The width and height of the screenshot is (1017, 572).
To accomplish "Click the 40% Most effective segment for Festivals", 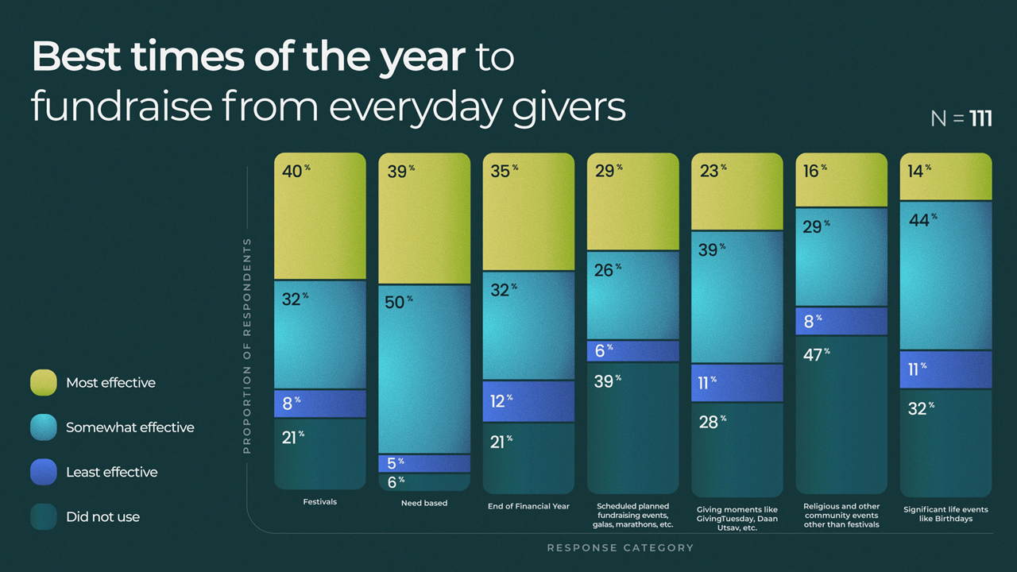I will click(x=319, y=216).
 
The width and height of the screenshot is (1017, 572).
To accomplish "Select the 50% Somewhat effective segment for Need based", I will click(x=424, y=369).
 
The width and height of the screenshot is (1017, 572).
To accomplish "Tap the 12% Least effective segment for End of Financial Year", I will click(x=528, y=401).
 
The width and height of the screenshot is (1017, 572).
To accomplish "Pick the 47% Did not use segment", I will click(x=841, y=413).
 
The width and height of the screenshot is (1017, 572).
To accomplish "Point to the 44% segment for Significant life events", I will click(x=945, y=275).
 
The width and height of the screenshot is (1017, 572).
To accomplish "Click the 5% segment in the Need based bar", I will click(x=424, y=463).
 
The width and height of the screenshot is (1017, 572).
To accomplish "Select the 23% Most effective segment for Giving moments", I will click(x=737, y=191).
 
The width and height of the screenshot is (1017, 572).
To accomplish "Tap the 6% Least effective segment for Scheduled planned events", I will click(x=633, y=350).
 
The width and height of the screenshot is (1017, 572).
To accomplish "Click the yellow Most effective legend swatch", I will click(x=44, y=382).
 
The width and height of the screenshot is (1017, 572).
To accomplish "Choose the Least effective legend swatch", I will click(x=44, y=472).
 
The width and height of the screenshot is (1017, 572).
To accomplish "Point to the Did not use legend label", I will click(x=102, y=517).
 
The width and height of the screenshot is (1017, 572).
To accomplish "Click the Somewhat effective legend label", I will click(x=130, y=427).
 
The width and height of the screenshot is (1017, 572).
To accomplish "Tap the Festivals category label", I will click(x=319, y=502).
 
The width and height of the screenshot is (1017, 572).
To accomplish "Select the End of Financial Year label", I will click(x=528, y=505).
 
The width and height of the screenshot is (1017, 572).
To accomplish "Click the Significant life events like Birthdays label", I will click(x=945, y=514).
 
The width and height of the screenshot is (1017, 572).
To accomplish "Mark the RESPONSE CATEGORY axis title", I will click(x=620, y=547).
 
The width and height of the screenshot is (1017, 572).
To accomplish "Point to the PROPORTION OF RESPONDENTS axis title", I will click(x=247, y=346).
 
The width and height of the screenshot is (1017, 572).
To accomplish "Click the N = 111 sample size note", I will click(x=961, y=119).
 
